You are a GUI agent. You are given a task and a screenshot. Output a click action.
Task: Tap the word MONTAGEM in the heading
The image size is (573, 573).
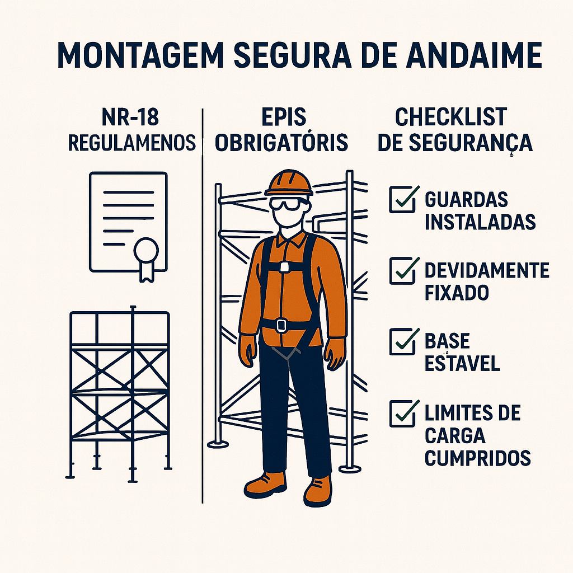(140, 55)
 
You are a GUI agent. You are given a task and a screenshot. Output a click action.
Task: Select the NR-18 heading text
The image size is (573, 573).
(130, 117)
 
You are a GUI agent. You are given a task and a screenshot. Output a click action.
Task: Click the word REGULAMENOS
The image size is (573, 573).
(132, 143)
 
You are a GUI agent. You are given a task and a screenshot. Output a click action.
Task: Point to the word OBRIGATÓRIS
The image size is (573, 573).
(281, 143)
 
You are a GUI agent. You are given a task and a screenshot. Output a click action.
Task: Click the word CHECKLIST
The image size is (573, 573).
(451, 117)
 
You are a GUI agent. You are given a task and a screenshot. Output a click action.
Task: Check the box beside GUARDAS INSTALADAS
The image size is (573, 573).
(402, 199)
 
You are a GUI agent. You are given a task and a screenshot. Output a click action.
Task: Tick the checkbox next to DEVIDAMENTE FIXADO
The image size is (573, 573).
(402, 271)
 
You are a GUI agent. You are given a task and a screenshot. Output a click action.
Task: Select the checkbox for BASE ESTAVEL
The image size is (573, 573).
(402, 342)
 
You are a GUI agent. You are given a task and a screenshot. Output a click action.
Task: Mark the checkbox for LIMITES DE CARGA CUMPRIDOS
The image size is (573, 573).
(402, 414)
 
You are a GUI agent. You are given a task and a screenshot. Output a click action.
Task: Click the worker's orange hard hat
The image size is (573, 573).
(289, 183)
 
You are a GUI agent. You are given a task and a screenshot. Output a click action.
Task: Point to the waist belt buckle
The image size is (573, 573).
(281, 325)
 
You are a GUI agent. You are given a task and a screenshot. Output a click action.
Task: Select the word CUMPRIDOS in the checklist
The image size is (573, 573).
(478, 458)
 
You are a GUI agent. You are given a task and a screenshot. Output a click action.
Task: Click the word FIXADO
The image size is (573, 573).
(457, 292)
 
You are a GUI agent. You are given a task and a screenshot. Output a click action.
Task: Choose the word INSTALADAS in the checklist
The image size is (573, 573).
(480, 222)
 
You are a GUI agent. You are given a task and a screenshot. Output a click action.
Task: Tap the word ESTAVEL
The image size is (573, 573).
(462, 363)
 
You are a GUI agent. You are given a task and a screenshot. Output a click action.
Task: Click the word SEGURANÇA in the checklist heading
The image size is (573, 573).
(471, 143)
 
